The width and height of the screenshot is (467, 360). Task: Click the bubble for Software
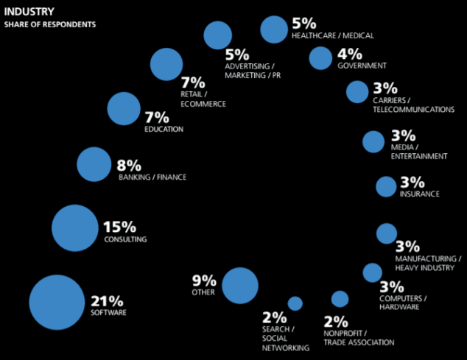57,302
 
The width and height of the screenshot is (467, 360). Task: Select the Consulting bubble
74,227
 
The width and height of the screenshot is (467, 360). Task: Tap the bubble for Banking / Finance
93,164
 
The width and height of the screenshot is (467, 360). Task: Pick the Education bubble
123,109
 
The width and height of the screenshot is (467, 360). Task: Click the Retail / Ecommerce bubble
166,65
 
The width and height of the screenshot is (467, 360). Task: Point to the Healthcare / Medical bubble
273,29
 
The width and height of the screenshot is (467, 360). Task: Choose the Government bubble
320,57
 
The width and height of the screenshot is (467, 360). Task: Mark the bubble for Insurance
386,186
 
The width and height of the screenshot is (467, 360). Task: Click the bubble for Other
239,286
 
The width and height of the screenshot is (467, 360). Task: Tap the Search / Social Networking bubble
295,303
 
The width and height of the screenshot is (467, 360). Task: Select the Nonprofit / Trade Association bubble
340,299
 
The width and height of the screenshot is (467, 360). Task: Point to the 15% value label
121,227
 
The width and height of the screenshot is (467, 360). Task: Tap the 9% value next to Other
204,280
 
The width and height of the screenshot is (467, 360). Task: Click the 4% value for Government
350,53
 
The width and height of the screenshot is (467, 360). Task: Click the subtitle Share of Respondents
49,24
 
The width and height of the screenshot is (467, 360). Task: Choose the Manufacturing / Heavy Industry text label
428,263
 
